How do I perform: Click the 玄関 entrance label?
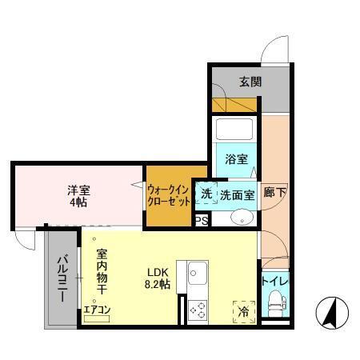[x=249, y=81]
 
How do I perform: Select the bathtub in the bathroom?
[x=234, y=131]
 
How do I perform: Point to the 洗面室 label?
[x=237, y=194]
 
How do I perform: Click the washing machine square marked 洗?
[x=206, y=194]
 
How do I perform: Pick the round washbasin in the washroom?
[x=240, y=218]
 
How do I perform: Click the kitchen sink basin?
[x=198, y=277]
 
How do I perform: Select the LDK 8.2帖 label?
[x=156, y=277]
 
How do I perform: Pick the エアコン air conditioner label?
[x=97, y=309]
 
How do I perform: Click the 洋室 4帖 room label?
[x=78, y=195]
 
